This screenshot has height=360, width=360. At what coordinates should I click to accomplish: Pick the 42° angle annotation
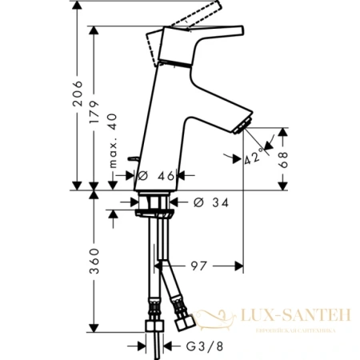[x=254, y=158]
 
